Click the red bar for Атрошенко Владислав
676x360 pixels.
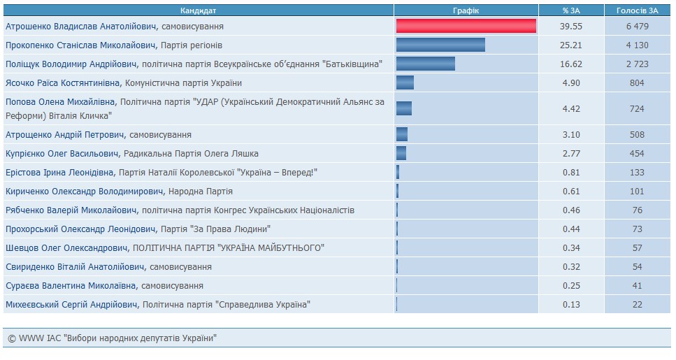pos(466,26)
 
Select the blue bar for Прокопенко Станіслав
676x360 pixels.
pos(440,45)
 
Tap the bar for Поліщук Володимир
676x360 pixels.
pos(425,64)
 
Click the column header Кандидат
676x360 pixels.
pos(198,10)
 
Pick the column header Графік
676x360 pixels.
pos(466,10)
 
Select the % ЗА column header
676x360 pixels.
pos(572,10)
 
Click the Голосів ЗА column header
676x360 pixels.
pos(637,10)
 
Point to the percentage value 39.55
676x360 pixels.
pos(572,26)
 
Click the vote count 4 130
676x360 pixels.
pos(637,45)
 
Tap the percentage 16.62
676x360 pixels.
pos(572,64)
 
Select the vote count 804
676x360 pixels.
pos(637,82)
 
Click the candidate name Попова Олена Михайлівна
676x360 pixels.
pos(61,102)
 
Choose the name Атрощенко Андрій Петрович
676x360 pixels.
pos(65,134)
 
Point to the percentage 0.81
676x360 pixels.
pos(572,172)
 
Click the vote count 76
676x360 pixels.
pos(637,210)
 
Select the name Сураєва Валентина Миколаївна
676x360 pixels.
pos(71,285)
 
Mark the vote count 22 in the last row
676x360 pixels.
pos(637,304)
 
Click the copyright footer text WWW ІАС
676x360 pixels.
pos(112,338)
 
